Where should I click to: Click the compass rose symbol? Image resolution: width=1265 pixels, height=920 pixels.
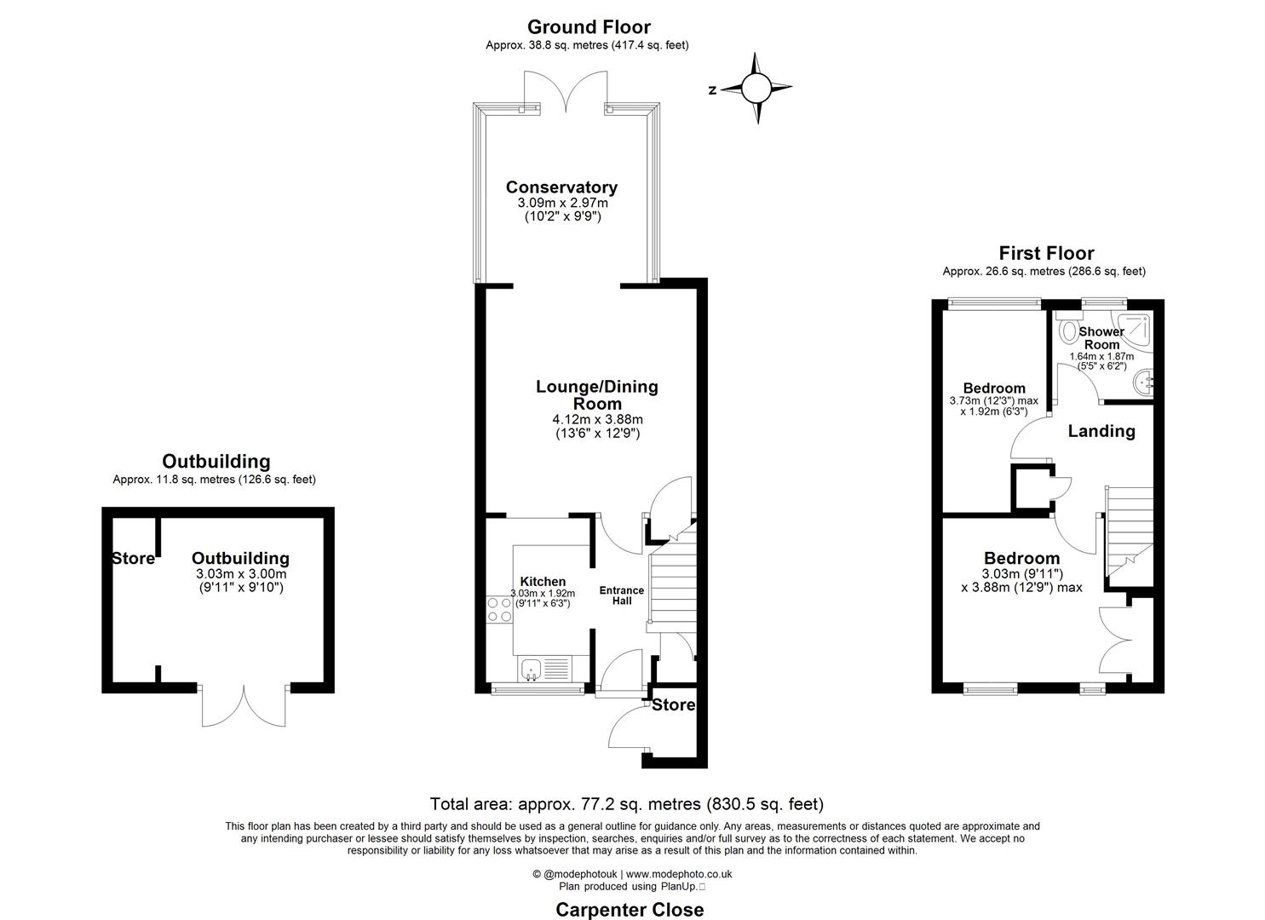756,88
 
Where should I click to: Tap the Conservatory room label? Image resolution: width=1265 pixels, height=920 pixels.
561,187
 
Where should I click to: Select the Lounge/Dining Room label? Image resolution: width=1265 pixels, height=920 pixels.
596,394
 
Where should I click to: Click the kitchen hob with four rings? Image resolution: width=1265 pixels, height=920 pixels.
499,610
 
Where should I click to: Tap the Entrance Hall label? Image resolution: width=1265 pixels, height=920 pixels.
622,595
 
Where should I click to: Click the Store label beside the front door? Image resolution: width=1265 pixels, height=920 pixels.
674,705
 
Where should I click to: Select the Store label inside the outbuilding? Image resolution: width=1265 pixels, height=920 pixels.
134,559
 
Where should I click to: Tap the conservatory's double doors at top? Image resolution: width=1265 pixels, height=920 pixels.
566,90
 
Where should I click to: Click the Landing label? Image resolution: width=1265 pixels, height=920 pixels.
1101,431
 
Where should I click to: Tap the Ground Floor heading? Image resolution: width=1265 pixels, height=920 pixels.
588,27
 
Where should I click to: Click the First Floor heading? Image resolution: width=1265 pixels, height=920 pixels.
1046,253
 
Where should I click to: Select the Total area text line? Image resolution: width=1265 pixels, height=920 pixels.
626,803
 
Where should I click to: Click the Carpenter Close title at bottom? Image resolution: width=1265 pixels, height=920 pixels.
630,909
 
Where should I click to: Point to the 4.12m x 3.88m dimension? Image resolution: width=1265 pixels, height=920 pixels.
596,419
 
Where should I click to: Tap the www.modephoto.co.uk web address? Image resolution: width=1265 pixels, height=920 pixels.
679,874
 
